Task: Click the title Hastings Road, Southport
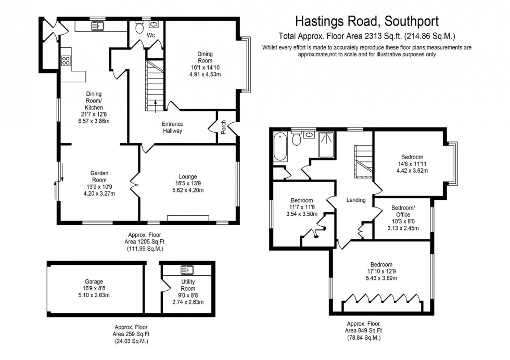[367, 21]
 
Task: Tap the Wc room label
[150, 35]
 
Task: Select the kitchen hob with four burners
[66, 60]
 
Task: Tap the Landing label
[356, 200]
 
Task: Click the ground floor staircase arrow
[155, 106]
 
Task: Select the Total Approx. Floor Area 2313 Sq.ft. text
[367, 36]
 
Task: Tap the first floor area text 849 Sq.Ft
[364, 330]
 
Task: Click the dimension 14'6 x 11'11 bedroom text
[412, 163]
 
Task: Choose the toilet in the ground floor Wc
[139, 29]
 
